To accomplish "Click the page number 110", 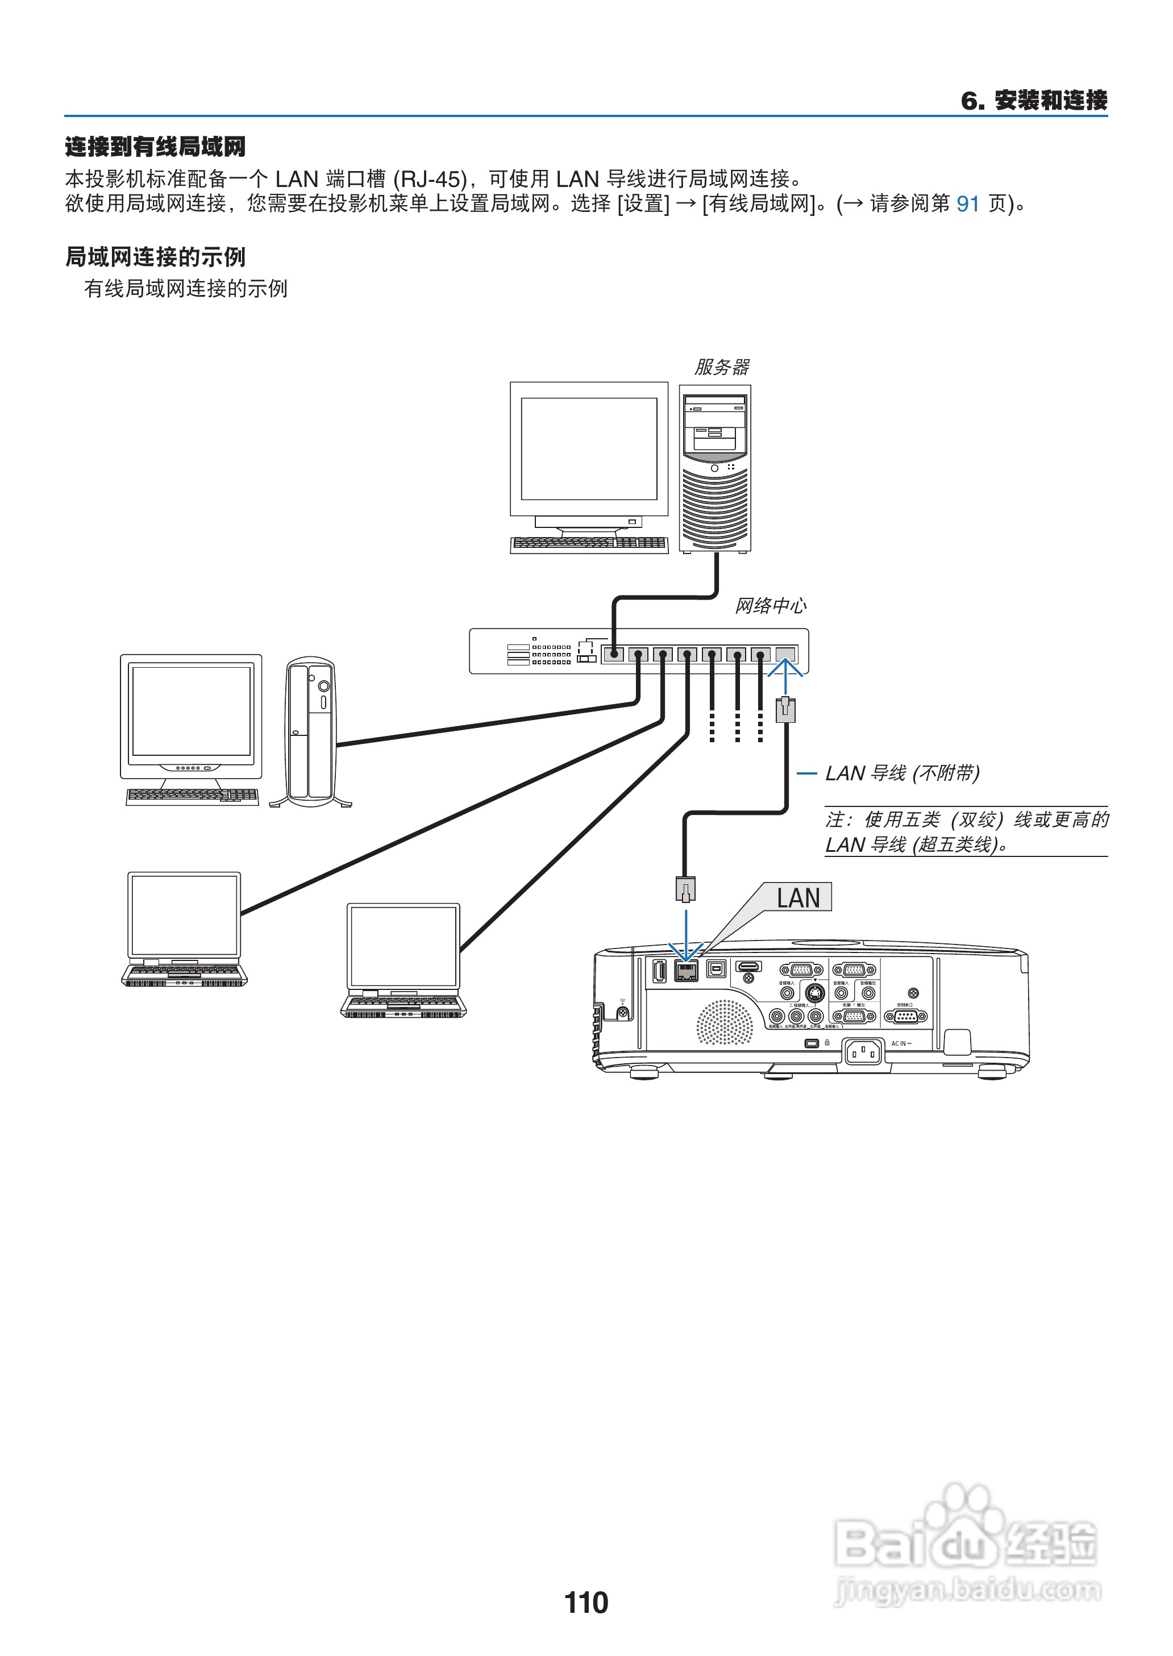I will [586, 1602].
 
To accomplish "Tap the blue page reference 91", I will [968, 203].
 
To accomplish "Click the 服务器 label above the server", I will [722, 367].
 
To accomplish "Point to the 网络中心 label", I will [771, 605].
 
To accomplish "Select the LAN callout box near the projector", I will [798, 898].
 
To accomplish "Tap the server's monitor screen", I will [589, 448].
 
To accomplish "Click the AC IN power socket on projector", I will [863, 1051].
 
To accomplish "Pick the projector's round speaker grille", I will [723, 1022].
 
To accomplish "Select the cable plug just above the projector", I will [685, 888].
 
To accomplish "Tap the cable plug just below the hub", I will [785, 709].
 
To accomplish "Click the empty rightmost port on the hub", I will [785, 654].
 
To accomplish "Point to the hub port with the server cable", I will [613, 654].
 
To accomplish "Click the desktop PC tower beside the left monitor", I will [311, 731].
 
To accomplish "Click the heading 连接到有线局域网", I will [155, 147].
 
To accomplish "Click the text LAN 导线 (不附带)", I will [902, 773].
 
